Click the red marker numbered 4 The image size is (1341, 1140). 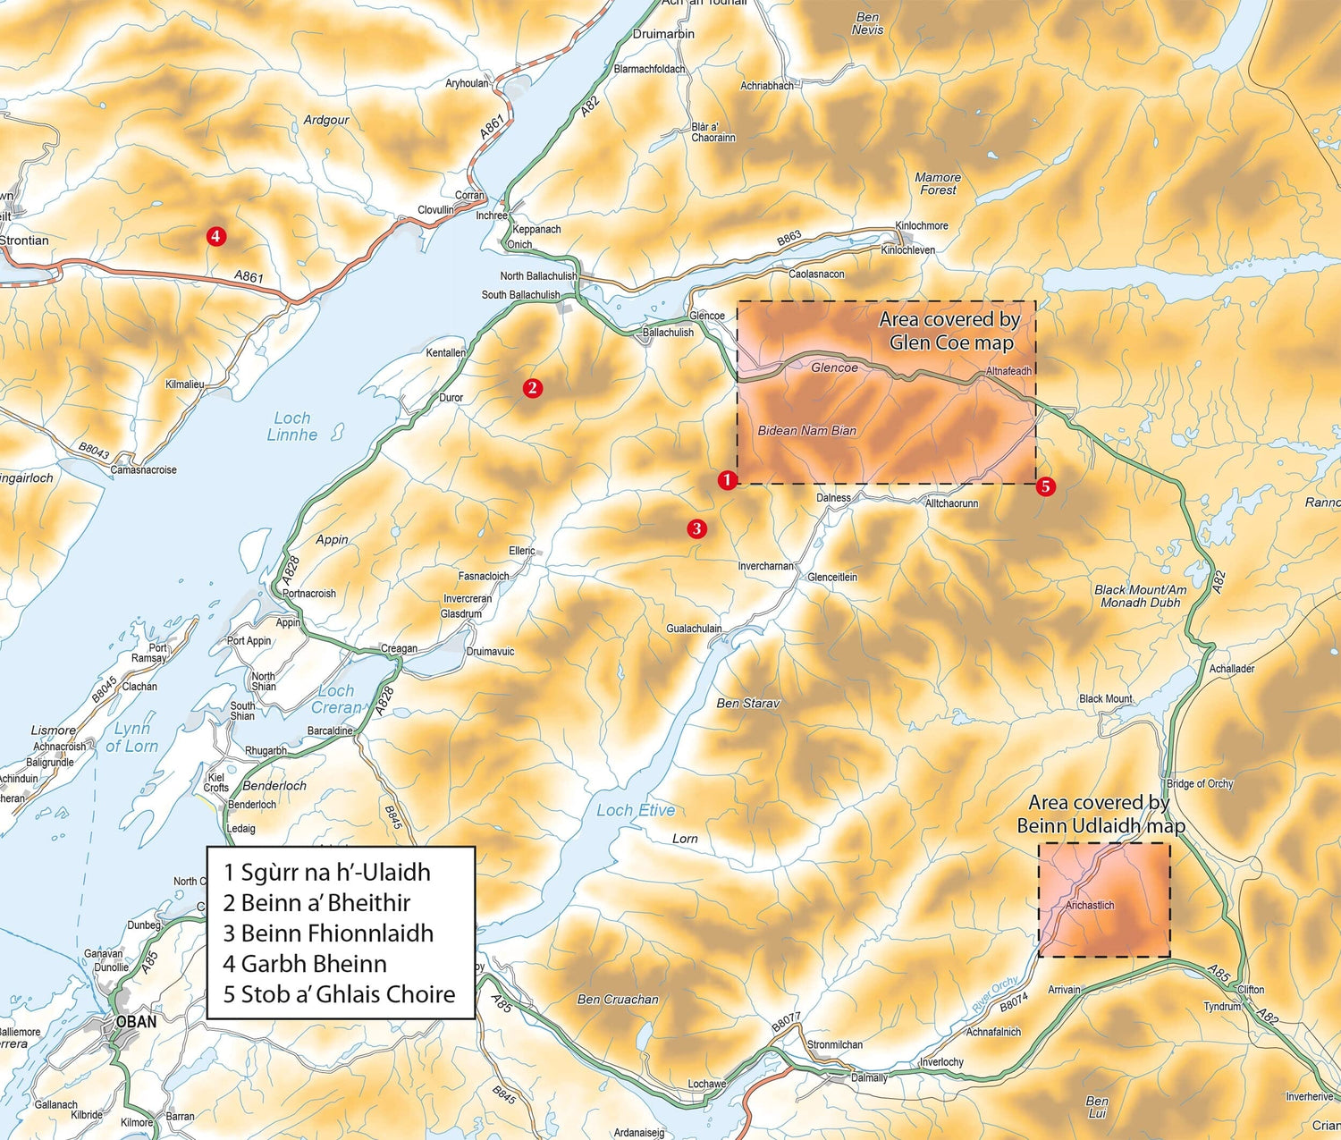pyautogui.click(x=215, y=236)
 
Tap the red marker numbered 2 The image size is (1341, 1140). pyautogui.click(x=532, y=387)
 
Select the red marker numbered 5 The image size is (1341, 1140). pyautogui.click(x=1045, y=486)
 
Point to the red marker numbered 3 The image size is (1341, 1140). pyautogui.click(x=696, y=528)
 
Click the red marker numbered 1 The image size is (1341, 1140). pyautogui.click(x=727, y=480)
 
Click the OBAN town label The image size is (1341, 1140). pyautogui.click(x=135, y=1021)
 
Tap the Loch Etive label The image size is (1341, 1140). pyautogui.click(x=636, y=810)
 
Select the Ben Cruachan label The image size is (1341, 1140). pyautogui.click(x=618, y=999)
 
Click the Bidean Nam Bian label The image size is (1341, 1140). pyautogui.click(x=806, y=430)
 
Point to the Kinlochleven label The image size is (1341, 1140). pyautogui.click(x=907, y=249)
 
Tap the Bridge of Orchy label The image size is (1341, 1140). pyautogui.click(x=1199, y=783)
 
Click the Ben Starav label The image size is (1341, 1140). pyautogui.click(x=747, y=703)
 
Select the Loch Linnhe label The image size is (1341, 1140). pyautogui.click(x=291, y=426)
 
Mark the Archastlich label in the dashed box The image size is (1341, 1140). pyautogui.click(x=1090, y=905)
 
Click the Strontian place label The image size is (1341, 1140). pyautogui.click(x=24, y=240)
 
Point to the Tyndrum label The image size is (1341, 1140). pyautogui.click(x=1222, y=1006)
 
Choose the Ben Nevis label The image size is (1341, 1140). pyautogui.click(x=867, y=23)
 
